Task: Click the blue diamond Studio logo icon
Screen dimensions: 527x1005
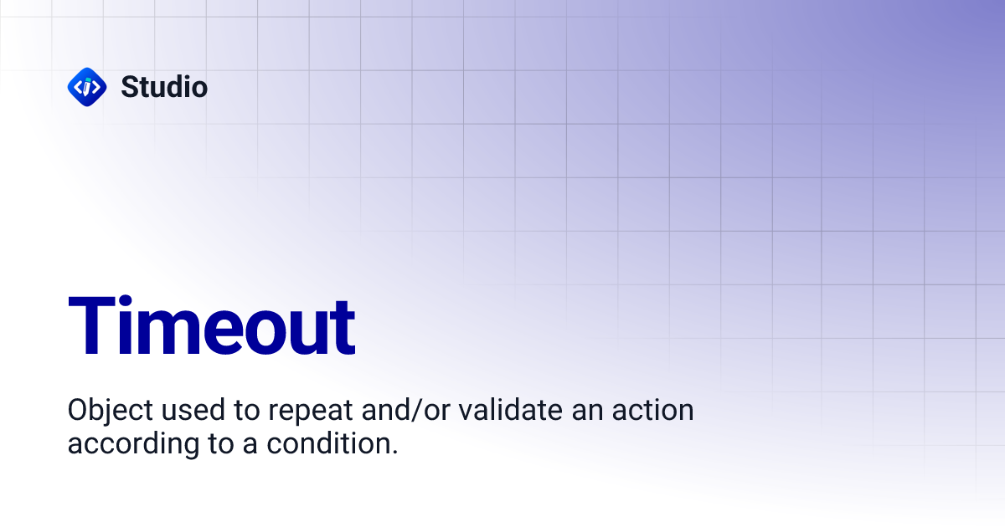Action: point(86,86)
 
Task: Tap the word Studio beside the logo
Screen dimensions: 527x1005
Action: point(164,86)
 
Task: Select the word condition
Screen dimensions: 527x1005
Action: point(329,443)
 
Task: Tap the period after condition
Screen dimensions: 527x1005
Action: point(394,451)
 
